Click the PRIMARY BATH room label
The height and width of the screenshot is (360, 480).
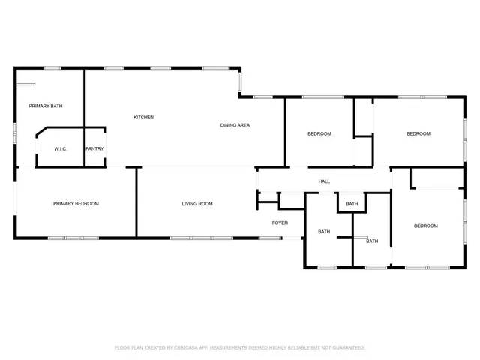click(46, 106)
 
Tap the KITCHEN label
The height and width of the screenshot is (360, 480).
click(143, 117)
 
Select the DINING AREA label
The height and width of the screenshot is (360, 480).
click(235, 124)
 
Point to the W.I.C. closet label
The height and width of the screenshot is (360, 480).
click(61, 149)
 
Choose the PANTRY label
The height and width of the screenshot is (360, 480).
click(94, 149)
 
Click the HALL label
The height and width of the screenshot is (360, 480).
click(324, 181)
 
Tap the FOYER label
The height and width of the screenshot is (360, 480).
click(280, 223)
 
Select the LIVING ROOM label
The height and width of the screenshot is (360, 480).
click(197, 204)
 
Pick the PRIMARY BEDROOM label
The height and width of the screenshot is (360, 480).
click(76, 204)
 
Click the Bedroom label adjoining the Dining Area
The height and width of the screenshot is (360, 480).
click(319, 133)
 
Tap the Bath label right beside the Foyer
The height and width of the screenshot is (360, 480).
click(324, 232)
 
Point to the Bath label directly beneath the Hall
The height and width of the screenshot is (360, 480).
click(352, 204)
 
